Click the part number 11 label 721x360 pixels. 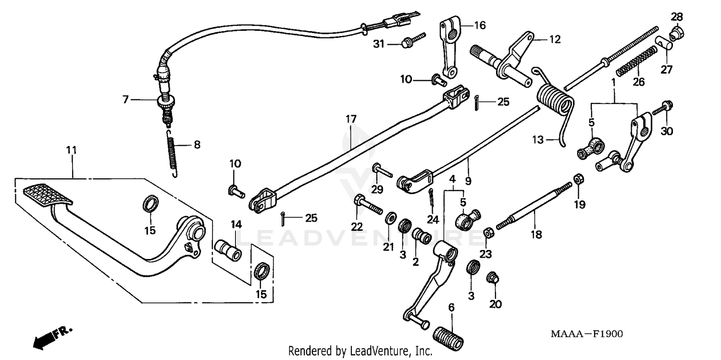click(x=71, y=150)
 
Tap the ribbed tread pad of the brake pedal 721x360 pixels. click(x=47, y=195)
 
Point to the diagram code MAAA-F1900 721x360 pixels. click(x=590, y=333)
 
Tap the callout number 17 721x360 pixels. click(x=351, y=117)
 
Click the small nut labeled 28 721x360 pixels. click(x=677, y=32)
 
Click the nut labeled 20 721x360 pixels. click(x=493, y=278)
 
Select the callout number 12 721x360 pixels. click(x=555, y=40)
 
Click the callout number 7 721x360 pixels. click(x=126, y=100)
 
